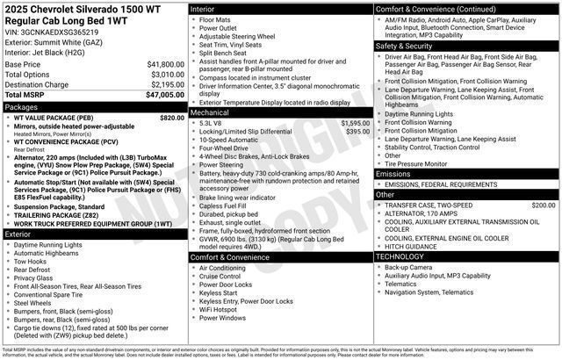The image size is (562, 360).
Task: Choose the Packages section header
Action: tap(21, 106)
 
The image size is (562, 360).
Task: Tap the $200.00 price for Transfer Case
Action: tap(543, 205)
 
